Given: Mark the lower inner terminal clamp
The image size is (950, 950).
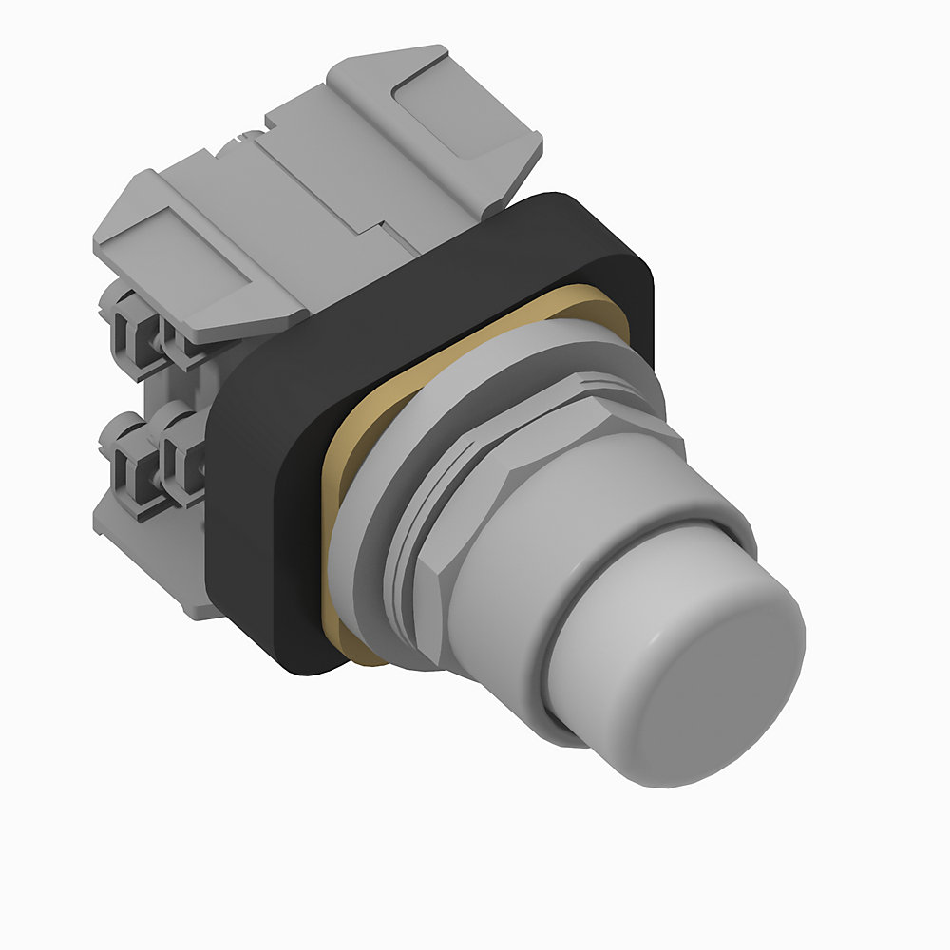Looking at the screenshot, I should pos(180,456).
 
